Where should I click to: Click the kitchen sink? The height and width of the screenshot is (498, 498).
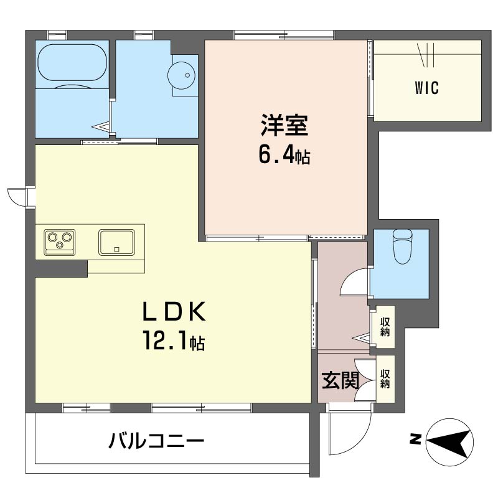116,242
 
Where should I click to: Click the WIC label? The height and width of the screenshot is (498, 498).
427,88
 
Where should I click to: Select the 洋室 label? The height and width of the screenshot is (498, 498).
284,127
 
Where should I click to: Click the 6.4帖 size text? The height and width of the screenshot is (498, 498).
284,156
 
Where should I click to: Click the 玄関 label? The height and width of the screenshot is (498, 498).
340,380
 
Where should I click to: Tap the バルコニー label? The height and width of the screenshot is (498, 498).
157,443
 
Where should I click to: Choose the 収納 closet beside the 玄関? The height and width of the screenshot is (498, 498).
385,379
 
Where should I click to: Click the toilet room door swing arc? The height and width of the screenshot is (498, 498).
352,283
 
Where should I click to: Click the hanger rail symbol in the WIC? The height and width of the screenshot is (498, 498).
428,54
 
